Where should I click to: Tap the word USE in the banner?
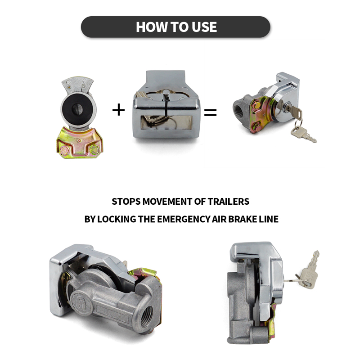(x=204, y=27)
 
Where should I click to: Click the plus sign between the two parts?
(x=118, y=110)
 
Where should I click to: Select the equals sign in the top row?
(x=210, y=112)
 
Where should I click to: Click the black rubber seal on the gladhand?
(x=77, y=109)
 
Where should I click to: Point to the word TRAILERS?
(x=229, y=201)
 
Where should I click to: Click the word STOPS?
(x=126, y=201)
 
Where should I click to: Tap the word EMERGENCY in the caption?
(x=184, y=219)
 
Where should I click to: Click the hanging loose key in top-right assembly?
(x=303, y=134)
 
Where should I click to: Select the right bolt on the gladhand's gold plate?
(x=94, y=150)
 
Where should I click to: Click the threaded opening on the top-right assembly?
(x=239, y=108)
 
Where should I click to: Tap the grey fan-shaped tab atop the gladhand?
(x=77, y=85)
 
